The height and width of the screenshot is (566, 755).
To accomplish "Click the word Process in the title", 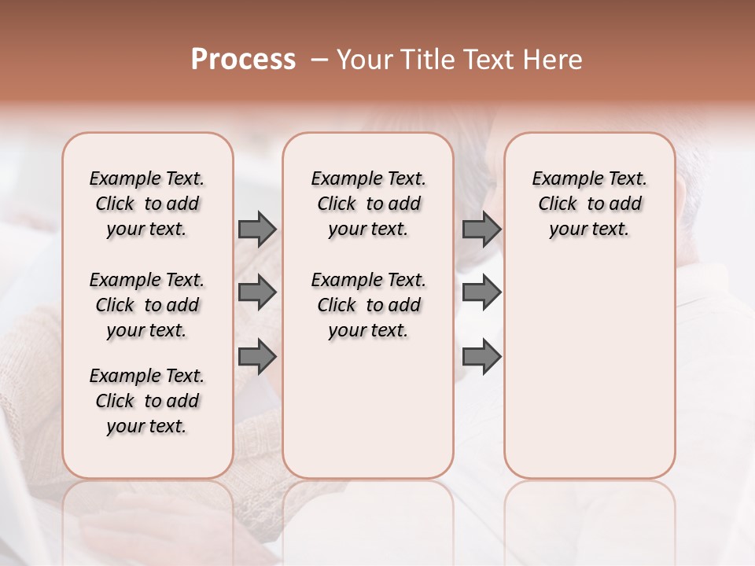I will pos(243,60).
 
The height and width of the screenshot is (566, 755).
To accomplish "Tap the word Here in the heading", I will pos(554,60).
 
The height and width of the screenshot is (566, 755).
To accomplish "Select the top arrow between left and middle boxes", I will pos(257,229).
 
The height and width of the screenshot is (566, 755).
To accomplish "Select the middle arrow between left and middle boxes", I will pos(257,292).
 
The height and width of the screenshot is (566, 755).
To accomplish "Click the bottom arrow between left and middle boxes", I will pos(257,356).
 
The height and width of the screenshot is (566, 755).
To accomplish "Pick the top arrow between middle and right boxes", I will pos(481,229).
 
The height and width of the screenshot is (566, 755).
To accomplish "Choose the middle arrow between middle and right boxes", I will pos(481,292).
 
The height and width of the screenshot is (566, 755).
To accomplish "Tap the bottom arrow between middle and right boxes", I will pos(481,356).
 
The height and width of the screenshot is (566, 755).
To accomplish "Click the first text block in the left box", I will pos(147,204).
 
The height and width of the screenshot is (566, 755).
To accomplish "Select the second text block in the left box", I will pos(147,305).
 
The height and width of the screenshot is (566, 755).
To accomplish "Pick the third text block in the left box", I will pos(147,401).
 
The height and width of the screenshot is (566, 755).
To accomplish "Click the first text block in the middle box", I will pos(368,204).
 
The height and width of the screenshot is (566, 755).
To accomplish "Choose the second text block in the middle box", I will pos(368,305).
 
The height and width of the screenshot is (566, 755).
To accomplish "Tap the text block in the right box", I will pos(589,204).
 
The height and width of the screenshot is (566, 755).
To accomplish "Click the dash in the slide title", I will pos(319,60).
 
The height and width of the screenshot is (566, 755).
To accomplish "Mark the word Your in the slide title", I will pos(363,60).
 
